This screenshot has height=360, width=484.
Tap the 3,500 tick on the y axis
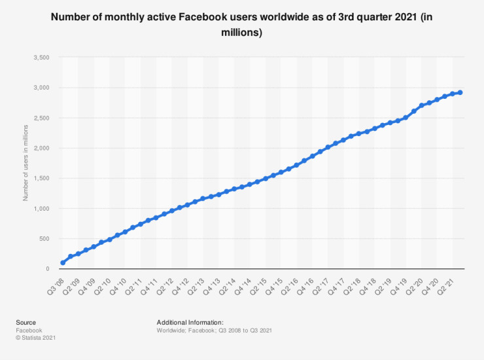tap(41, 58)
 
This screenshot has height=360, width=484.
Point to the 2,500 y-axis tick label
tap(41, 118)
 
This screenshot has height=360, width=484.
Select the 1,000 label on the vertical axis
tap(41, 209)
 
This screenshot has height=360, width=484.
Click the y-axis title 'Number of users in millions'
tap(26, 164)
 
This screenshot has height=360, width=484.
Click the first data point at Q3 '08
tap(63, 262)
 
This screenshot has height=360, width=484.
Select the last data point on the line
tap(460, 92)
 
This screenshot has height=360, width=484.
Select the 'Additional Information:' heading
tap(190, 323)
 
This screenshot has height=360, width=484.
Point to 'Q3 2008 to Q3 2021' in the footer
tap(247, 331)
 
